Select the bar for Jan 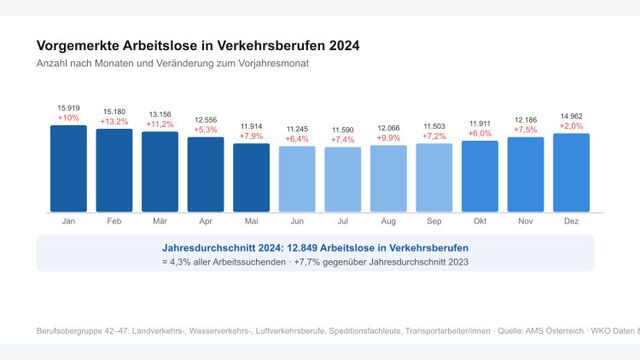coord(68,168)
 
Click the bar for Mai coord(251,178)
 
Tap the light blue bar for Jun coord(297,179)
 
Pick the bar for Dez coord(571,172)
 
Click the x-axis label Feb coord(114,221)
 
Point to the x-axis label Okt coord(480,221)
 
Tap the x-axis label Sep coord(434,221)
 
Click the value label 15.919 coord(68,107)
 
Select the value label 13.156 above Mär coord(160,113)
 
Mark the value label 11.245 coord(297,128)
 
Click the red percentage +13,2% coord(114,120)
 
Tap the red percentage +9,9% coord(388,137)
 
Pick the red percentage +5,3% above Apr coord(205,128)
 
